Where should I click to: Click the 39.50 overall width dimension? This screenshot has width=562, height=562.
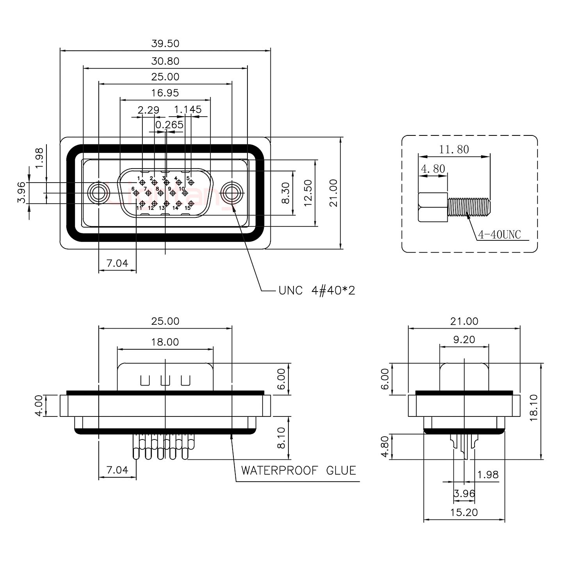coord(165,43)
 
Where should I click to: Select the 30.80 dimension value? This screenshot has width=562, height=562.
coord(165,61)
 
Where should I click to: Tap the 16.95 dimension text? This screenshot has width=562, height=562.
coord(165,93)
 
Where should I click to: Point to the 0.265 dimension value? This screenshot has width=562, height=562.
coord(169,125)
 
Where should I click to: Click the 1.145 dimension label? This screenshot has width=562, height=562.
coord(188,110)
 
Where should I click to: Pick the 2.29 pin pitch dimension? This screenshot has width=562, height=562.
coord(148,110)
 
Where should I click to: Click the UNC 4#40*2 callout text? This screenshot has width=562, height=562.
coord(317,290)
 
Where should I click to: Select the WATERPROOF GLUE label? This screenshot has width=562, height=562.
coord(299,470)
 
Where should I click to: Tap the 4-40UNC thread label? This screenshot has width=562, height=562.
coord(499,235)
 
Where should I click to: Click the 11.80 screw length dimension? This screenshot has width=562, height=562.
coord(454,149)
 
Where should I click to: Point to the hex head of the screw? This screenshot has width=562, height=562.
coord(433,207)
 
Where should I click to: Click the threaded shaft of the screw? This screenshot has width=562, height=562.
coord(469,207)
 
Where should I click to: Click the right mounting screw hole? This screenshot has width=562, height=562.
coord(232,193)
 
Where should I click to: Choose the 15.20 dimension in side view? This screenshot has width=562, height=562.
coord(464,512)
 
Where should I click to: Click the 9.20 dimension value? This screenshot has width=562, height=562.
coord(464,340)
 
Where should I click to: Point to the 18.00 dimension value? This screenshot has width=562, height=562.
coord(165,342)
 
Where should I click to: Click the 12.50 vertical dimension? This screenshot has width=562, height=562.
coord(308,193)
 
